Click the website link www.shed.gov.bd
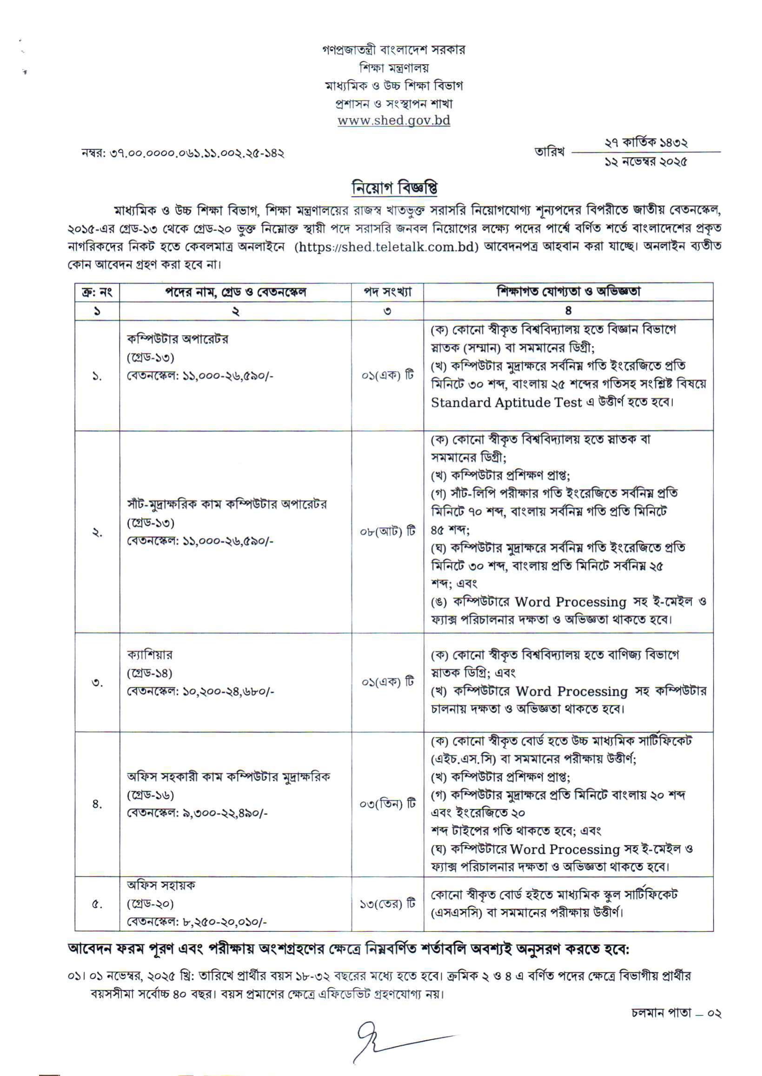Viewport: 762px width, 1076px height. click(x=394, y=120)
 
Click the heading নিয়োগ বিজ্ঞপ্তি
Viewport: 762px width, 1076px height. click(x=395, y=188)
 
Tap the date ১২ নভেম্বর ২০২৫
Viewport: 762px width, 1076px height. click(x=646, y=162)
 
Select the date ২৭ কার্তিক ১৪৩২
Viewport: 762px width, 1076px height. click(x=646, y=142)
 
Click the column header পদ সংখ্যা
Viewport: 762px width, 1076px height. click(x=388, y=292)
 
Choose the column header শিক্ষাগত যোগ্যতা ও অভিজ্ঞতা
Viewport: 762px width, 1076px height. click(x=568, y=292)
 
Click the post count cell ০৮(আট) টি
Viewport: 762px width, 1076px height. click(x=388, y=531)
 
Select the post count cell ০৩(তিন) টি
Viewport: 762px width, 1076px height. click(x=388, y=804)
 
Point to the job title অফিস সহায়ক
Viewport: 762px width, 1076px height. click(x=161, y=885)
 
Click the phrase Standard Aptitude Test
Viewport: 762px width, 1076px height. click(x=506, y=403)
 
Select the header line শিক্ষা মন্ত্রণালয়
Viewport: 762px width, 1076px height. click(x=394, y=67)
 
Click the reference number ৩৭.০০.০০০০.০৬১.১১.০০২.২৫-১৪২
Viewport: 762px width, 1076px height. click(x=197, y=153)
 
